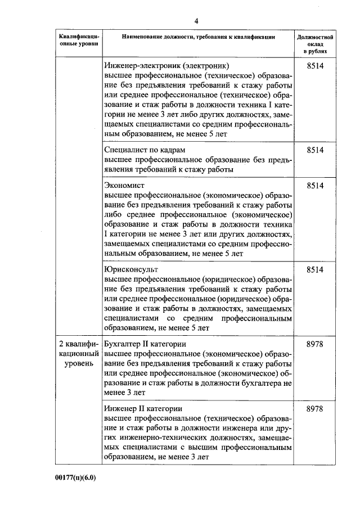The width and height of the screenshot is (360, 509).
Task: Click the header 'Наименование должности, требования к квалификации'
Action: coord(199,37)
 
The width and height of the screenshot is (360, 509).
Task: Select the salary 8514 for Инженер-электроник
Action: coord(315,66)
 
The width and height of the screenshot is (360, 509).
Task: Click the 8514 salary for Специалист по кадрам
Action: coord(315,150)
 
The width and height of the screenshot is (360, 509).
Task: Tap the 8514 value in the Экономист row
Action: coord(315,185)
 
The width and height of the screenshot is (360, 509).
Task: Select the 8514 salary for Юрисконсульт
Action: coord(315,270)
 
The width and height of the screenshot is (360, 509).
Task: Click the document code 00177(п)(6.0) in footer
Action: coord(76,478)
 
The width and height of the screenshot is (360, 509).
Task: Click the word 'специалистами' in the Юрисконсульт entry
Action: coord(128,318)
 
